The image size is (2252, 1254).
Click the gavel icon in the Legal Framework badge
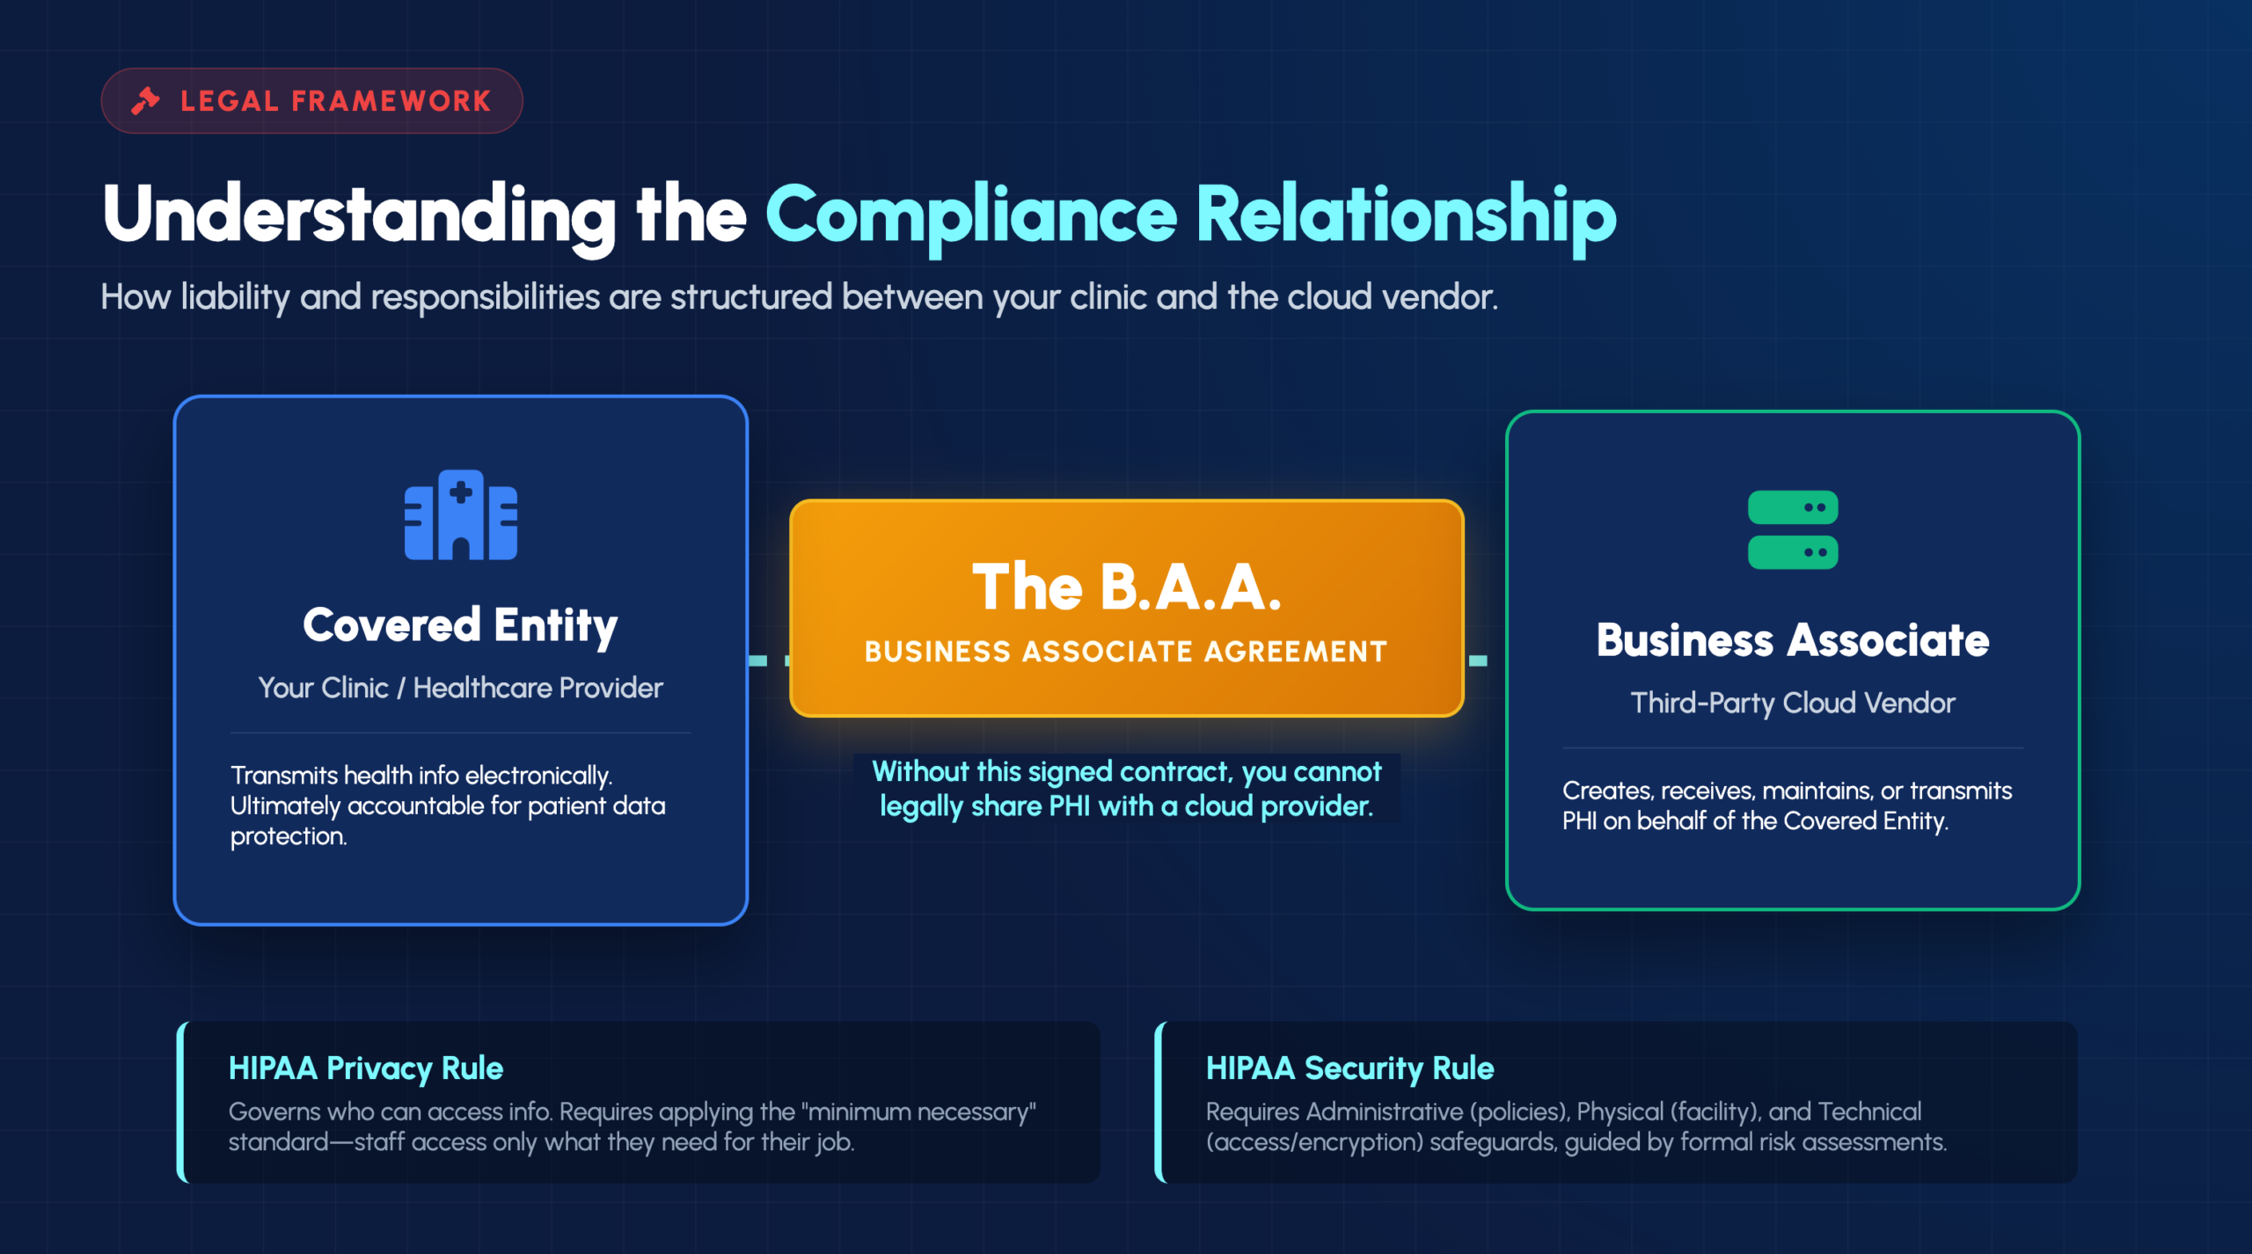click(x=146, y=101)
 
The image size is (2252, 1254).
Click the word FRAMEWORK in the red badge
click(x=391, y=101)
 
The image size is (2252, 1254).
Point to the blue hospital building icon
click(x=461, y=514)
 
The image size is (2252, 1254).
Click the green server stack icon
click(x=1793, y=529)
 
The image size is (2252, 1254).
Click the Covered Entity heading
click(x=460, y=626)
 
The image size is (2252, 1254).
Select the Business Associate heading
click(x=1793, y=640)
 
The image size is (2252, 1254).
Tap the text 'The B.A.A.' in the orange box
click(x=1126, y=587)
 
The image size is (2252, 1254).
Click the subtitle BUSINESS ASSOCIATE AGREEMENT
click(x=1126, y=652)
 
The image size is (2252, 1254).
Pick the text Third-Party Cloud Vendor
click(x=1793, y=703)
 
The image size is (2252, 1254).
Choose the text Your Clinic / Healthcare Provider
click(x=460, y=688)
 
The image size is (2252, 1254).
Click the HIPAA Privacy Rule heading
click(x=366, y=1068)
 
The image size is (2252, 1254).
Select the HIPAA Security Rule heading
click(x=1350, y=1068)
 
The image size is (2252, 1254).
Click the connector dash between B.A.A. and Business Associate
click(x=1478, y=660)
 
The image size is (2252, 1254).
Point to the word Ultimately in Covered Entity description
click(x=285, y=806)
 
